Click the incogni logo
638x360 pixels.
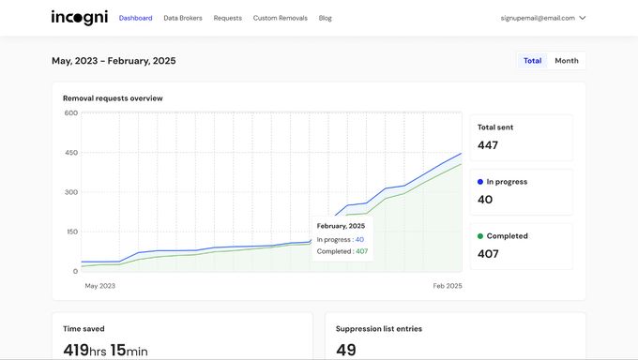(80, 18)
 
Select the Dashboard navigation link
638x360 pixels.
(135, 18)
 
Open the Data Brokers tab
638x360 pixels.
(183, 18)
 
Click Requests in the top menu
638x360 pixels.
(227, 18)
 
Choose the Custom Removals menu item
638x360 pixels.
(280, 18)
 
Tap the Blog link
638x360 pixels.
(326, 18)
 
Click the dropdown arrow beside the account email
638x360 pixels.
(583, 18)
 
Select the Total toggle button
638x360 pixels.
(532, 61)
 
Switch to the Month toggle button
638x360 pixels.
(567, 61)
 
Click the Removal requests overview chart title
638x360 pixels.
(113, 98)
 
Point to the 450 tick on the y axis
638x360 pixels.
(71, 153)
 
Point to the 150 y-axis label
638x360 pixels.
(71, 232)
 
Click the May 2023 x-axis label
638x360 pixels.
(100, 286)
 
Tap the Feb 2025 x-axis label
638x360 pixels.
(448, 286)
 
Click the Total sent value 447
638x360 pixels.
(488, 145)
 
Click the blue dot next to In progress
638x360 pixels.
(480, 182)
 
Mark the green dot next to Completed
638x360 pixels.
(480, 236)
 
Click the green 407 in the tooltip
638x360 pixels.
(362, 251)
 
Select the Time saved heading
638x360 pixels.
(84, 329)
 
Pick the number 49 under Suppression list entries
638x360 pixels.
(346, 350)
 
